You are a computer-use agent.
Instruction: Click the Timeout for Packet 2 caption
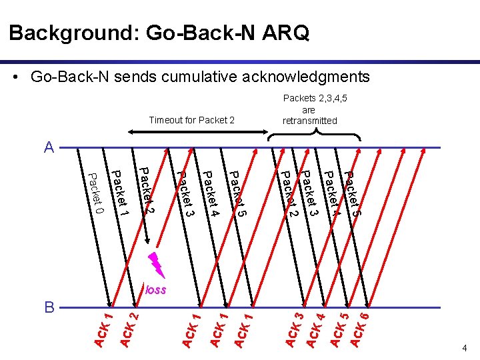pos(192,121)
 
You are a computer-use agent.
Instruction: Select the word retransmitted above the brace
pos(310,121)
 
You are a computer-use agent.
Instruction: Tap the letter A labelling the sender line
pos(49,148)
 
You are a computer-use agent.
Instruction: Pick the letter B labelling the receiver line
pos(49,308)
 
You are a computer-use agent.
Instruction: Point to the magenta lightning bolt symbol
pos(157,265)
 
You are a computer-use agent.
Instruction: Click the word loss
pos(155,290)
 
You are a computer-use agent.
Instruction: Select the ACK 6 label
pos(361,327)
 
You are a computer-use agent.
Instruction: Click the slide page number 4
pos(465,348)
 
